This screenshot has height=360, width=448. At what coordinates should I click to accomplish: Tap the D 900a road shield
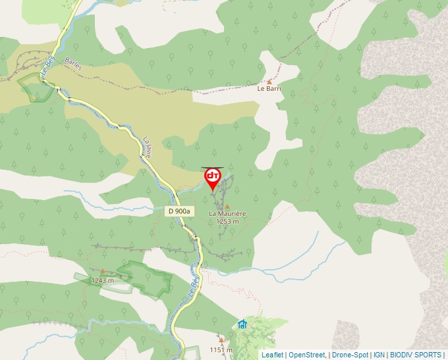[x=179, y=211]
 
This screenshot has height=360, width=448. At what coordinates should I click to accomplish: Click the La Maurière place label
[x=227, y=214]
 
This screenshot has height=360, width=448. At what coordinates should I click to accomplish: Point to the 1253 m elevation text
[x=227, y=222]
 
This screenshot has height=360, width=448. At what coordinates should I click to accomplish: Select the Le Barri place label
[x=269, y=88]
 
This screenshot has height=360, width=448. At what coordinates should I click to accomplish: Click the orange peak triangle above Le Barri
[x=269, y=81]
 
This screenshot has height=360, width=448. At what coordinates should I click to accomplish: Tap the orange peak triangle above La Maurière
[x=227, y=206]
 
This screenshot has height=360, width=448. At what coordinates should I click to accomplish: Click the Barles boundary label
[x=74, y=63]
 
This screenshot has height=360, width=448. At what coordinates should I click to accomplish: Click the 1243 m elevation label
[x=102, y=280]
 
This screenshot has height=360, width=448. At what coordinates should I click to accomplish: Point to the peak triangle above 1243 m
[x=102, y=271]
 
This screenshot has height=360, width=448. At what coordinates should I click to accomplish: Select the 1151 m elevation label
[x=221, y=349]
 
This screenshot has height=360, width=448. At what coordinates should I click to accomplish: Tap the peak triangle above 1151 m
[x=221, y=340]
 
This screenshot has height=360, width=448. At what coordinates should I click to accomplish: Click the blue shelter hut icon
[x=242, y=324]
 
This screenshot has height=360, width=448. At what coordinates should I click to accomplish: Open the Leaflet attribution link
[x=272, y=355]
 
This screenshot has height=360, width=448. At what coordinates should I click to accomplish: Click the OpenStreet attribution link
[x=306, y=355]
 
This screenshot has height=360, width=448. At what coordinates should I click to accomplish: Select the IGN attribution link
[x=379, y=355]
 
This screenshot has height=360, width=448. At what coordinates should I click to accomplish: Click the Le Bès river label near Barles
[x=47, y=68]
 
